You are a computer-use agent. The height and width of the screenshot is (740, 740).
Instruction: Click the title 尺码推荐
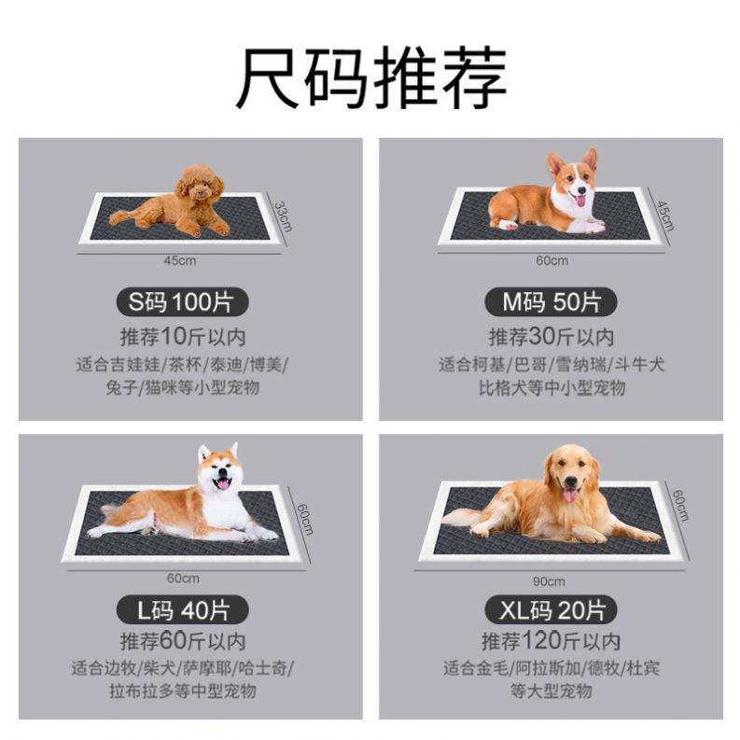[371, 77]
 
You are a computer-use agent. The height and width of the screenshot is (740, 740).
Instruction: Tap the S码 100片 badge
[182, 302]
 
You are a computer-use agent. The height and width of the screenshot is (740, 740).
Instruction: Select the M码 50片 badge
[551, 302]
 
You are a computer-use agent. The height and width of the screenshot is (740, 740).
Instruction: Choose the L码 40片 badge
[182, 609]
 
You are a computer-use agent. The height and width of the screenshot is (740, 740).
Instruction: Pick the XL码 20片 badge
[551, 609]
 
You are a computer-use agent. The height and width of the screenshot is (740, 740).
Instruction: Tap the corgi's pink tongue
[580, 200]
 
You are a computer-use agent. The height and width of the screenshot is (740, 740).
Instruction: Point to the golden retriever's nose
[570, 482]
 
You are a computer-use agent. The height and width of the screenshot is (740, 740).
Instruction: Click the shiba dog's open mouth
[222, 483]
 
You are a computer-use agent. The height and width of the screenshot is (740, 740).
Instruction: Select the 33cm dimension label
[283, 216]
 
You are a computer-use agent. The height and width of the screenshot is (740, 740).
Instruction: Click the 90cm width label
[549, 581]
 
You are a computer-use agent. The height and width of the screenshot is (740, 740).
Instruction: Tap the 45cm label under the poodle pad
[180, 260]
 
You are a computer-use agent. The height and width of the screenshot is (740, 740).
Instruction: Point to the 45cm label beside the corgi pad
[665, 216]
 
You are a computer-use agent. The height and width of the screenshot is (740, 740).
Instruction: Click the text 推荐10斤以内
[183, 337]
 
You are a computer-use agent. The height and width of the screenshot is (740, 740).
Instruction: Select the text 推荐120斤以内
[551, 641]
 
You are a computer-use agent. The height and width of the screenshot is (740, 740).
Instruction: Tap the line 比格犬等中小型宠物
[552, 388]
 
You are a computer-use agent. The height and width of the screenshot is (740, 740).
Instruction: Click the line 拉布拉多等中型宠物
[183, 691]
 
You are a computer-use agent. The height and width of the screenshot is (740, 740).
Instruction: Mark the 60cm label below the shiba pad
[183, 579]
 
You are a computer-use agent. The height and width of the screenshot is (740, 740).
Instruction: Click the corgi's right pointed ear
[590, 159]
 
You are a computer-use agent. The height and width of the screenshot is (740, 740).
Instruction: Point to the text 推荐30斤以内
[552, 337]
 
